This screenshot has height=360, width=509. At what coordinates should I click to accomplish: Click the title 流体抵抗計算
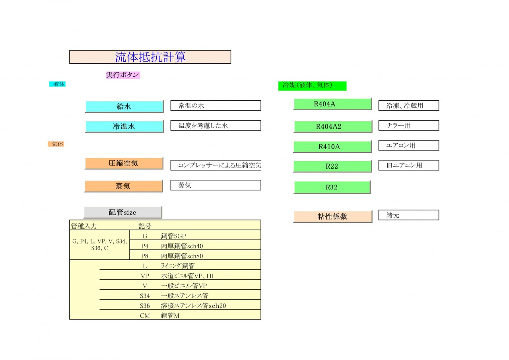tap(150, 57)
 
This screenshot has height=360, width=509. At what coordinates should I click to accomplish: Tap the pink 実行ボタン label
tap(123, 75)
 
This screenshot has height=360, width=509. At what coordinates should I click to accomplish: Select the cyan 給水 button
tap(124, 106)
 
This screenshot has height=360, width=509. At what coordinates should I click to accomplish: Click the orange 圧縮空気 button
tap(124, 163)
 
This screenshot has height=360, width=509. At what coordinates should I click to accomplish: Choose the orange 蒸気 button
tap(124, 186)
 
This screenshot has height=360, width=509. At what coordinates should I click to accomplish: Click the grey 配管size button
tap(123, 212)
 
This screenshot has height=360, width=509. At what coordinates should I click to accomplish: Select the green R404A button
tap(333, 104)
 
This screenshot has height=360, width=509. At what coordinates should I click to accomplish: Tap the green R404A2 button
tap(333, 126)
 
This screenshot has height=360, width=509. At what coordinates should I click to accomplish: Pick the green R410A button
tap(332, 147)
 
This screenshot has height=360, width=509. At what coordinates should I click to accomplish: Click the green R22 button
tap(332, 166)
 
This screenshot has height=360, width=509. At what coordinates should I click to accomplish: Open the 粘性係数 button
tap(333, 216)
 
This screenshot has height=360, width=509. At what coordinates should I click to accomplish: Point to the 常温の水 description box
tap(216, 105)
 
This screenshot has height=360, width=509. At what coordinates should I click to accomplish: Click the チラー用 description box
tap(408, 125)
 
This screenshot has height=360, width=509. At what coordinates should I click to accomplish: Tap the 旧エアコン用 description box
tap(408, 165)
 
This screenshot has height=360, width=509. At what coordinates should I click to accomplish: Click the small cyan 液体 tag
tap(58, 84)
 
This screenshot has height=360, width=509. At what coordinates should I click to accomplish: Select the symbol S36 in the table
tap(145, 306)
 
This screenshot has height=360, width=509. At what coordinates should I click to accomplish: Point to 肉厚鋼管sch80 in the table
tap(182, 256)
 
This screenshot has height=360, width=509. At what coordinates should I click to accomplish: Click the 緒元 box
tap(408, 215)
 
